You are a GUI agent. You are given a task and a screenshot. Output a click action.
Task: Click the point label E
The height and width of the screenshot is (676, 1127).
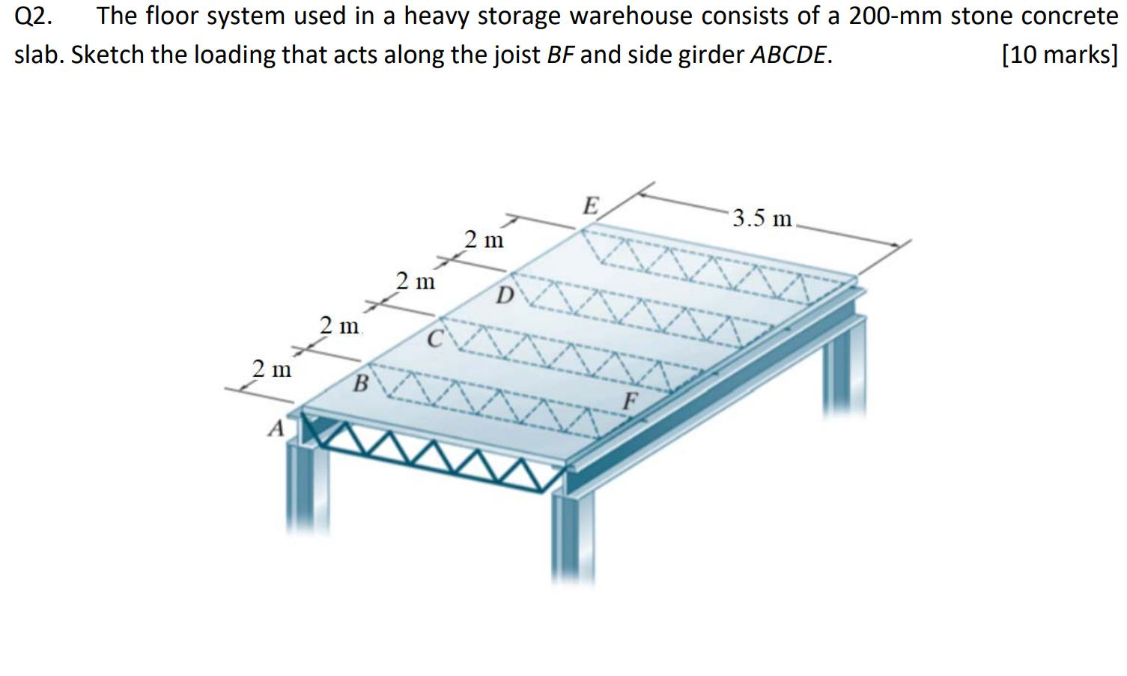click(x=592, y=205)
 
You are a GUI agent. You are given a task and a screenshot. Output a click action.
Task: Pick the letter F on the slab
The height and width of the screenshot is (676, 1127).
click(x=631, y=401)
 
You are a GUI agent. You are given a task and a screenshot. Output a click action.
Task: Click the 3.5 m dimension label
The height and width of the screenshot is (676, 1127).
click(x=762, y=218)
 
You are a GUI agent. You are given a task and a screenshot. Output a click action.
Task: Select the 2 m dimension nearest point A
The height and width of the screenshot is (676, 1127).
click(x=272, y=369)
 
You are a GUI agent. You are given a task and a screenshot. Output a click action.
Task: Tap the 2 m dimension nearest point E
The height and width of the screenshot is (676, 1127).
click(x=484, y=240)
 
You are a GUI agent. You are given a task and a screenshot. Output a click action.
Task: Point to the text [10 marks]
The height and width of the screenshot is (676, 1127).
click(x=1059, y=55)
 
